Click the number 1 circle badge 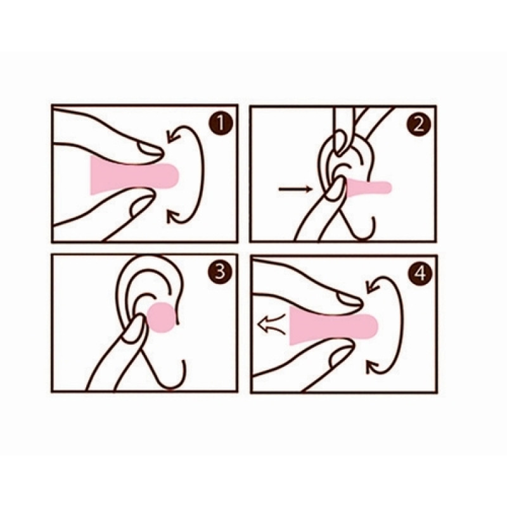221,124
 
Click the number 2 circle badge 418,124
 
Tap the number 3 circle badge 221,272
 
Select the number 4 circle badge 420,273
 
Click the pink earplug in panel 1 135,175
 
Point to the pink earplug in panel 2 369,188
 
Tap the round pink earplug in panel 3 162,318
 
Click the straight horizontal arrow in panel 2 295,189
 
